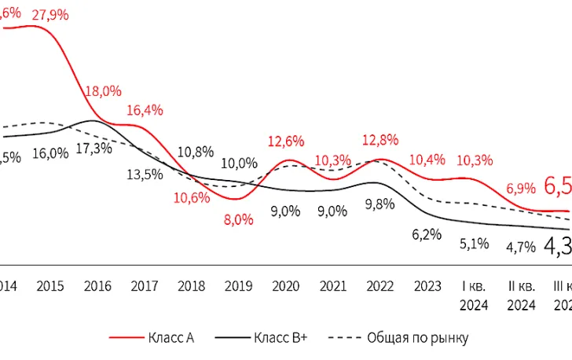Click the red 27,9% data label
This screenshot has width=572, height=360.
49,15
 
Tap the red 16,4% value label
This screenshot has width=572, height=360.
145,110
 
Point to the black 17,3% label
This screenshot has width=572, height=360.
93,149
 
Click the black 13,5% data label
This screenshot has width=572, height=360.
145,174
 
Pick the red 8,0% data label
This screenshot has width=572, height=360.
239,219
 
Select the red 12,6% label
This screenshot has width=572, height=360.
286,141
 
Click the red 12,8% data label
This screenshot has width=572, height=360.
380,140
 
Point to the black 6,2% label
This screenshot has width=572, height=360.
427,233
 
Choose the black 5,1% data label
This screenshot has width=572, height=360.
475,244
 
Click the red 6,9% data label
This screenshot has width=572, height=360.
521,188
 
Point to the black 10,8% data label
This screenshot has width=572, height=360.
196,152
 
